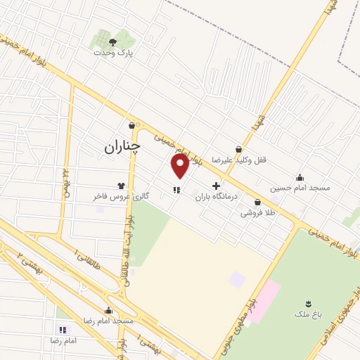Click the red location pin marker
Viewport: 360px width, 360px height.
click(180, 166)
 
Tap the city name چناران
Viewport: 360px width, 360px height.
click(122, 146)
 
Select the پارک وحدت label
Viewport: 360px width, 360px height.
click(115, 53)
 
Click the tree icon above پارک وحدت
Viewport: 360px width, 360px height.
click(112, 42)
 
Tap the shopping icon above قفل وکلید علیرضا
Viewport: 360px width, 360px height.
click(239, 149)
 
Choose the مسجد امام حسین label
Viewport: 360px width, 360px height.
click(300, 188)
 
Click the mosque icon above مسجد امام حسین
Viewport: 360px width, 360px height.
click(300, 177)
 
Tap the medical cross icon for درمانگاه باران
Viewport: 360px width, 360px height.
click(216, 186)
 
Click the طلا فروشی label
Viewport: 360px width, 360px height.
click(258, 212)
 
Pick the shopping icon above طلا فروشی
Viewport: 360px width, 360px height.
click(258, 202)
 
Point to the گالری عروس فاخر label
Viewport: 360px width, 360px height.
click(121, 196)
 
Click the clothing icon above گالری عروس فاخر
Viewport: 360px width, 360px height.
click(121, 186)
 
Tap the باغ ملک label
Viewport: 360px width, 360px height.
click(308, 316)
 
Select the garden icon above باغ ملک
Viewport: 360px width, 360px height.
click(308, 304)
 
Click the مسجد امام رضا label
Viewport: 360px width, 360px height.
click(109, 321)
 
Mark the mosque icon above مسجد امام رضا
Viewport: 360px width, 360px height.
click(108, 310)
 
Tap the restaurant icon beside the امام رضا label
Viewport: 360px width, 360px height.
click(63, 329)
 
